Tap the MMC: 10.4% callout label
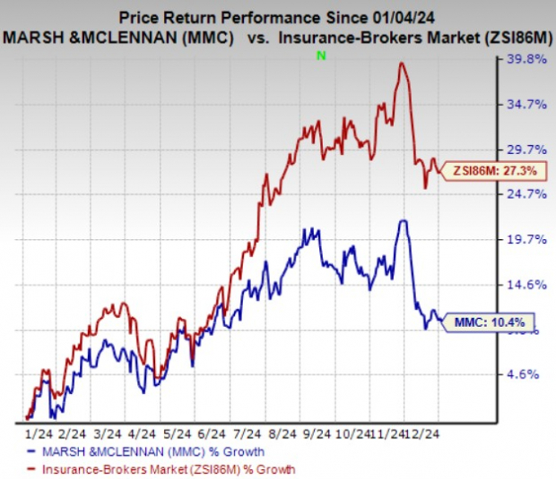coord(492,321)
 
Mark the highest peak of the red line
coord(402,63)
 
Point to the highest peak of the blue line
coord(404,220)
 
